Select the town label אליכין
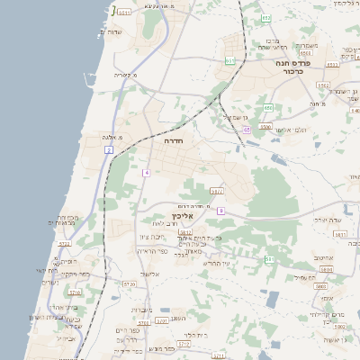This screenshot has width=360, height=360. click(x=182, y=216)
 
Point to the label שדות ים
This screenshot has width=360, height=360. click(x=107, y=33)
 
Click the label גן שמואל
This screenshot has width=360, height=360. click(x=235, y=116)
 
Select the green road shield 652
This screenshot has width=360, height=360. click(x=265, y=18)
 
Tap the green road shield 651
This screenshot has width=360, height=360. click(x=230, y=60)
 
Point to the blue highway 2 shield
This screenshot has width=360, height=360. click(x=109, y=148)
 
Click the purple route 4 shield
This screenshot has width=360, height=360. click(x=145, y=172)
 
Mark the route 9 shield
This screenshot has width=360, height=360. click(x=220, y=211)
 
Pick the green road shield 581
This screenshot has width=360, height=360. click(x=268, y=259)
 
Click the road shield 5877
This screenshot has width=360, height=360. click(x=216, y=191)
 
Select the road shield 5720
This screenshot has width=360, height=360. click(x=130, y=284)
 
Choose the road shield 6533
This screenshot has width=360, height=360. click(x=332, y=65)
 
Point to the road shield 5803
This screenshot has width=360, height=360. click(x=320, y=285)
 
